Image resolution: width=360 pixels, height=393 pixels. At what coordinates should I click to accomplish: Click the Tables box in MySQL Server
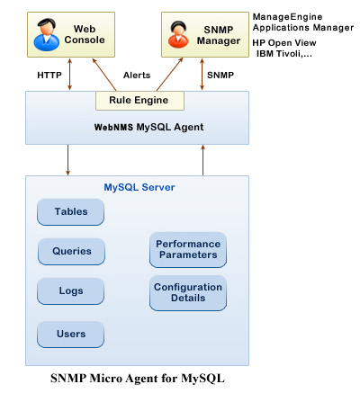71,212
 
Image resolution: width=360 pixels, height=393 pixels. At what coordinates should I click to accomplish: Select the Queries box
71,252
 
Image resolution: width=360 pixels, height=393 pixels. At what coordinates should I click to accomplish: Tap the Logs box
71,291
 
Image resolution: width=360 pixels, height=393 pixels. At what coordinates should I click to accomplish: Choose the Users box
71,334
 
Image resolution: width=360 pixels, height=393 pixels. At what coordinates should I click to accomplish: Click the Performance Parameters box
187,249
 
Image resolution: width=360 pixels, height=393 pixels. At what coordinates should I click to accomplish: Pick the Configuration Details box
187,292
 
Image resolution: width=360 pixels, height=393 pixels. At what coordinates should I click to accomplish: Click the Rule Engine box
139,99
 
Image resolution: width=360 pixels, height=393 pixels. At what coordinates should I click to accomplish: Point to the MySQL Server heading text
139,187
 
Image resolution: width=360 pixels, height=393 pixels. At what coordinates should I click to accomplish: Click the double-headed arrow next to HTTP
70,76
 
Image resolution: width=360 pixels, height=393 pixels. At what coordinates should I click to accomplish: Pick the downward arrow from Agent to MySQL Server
67,159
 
